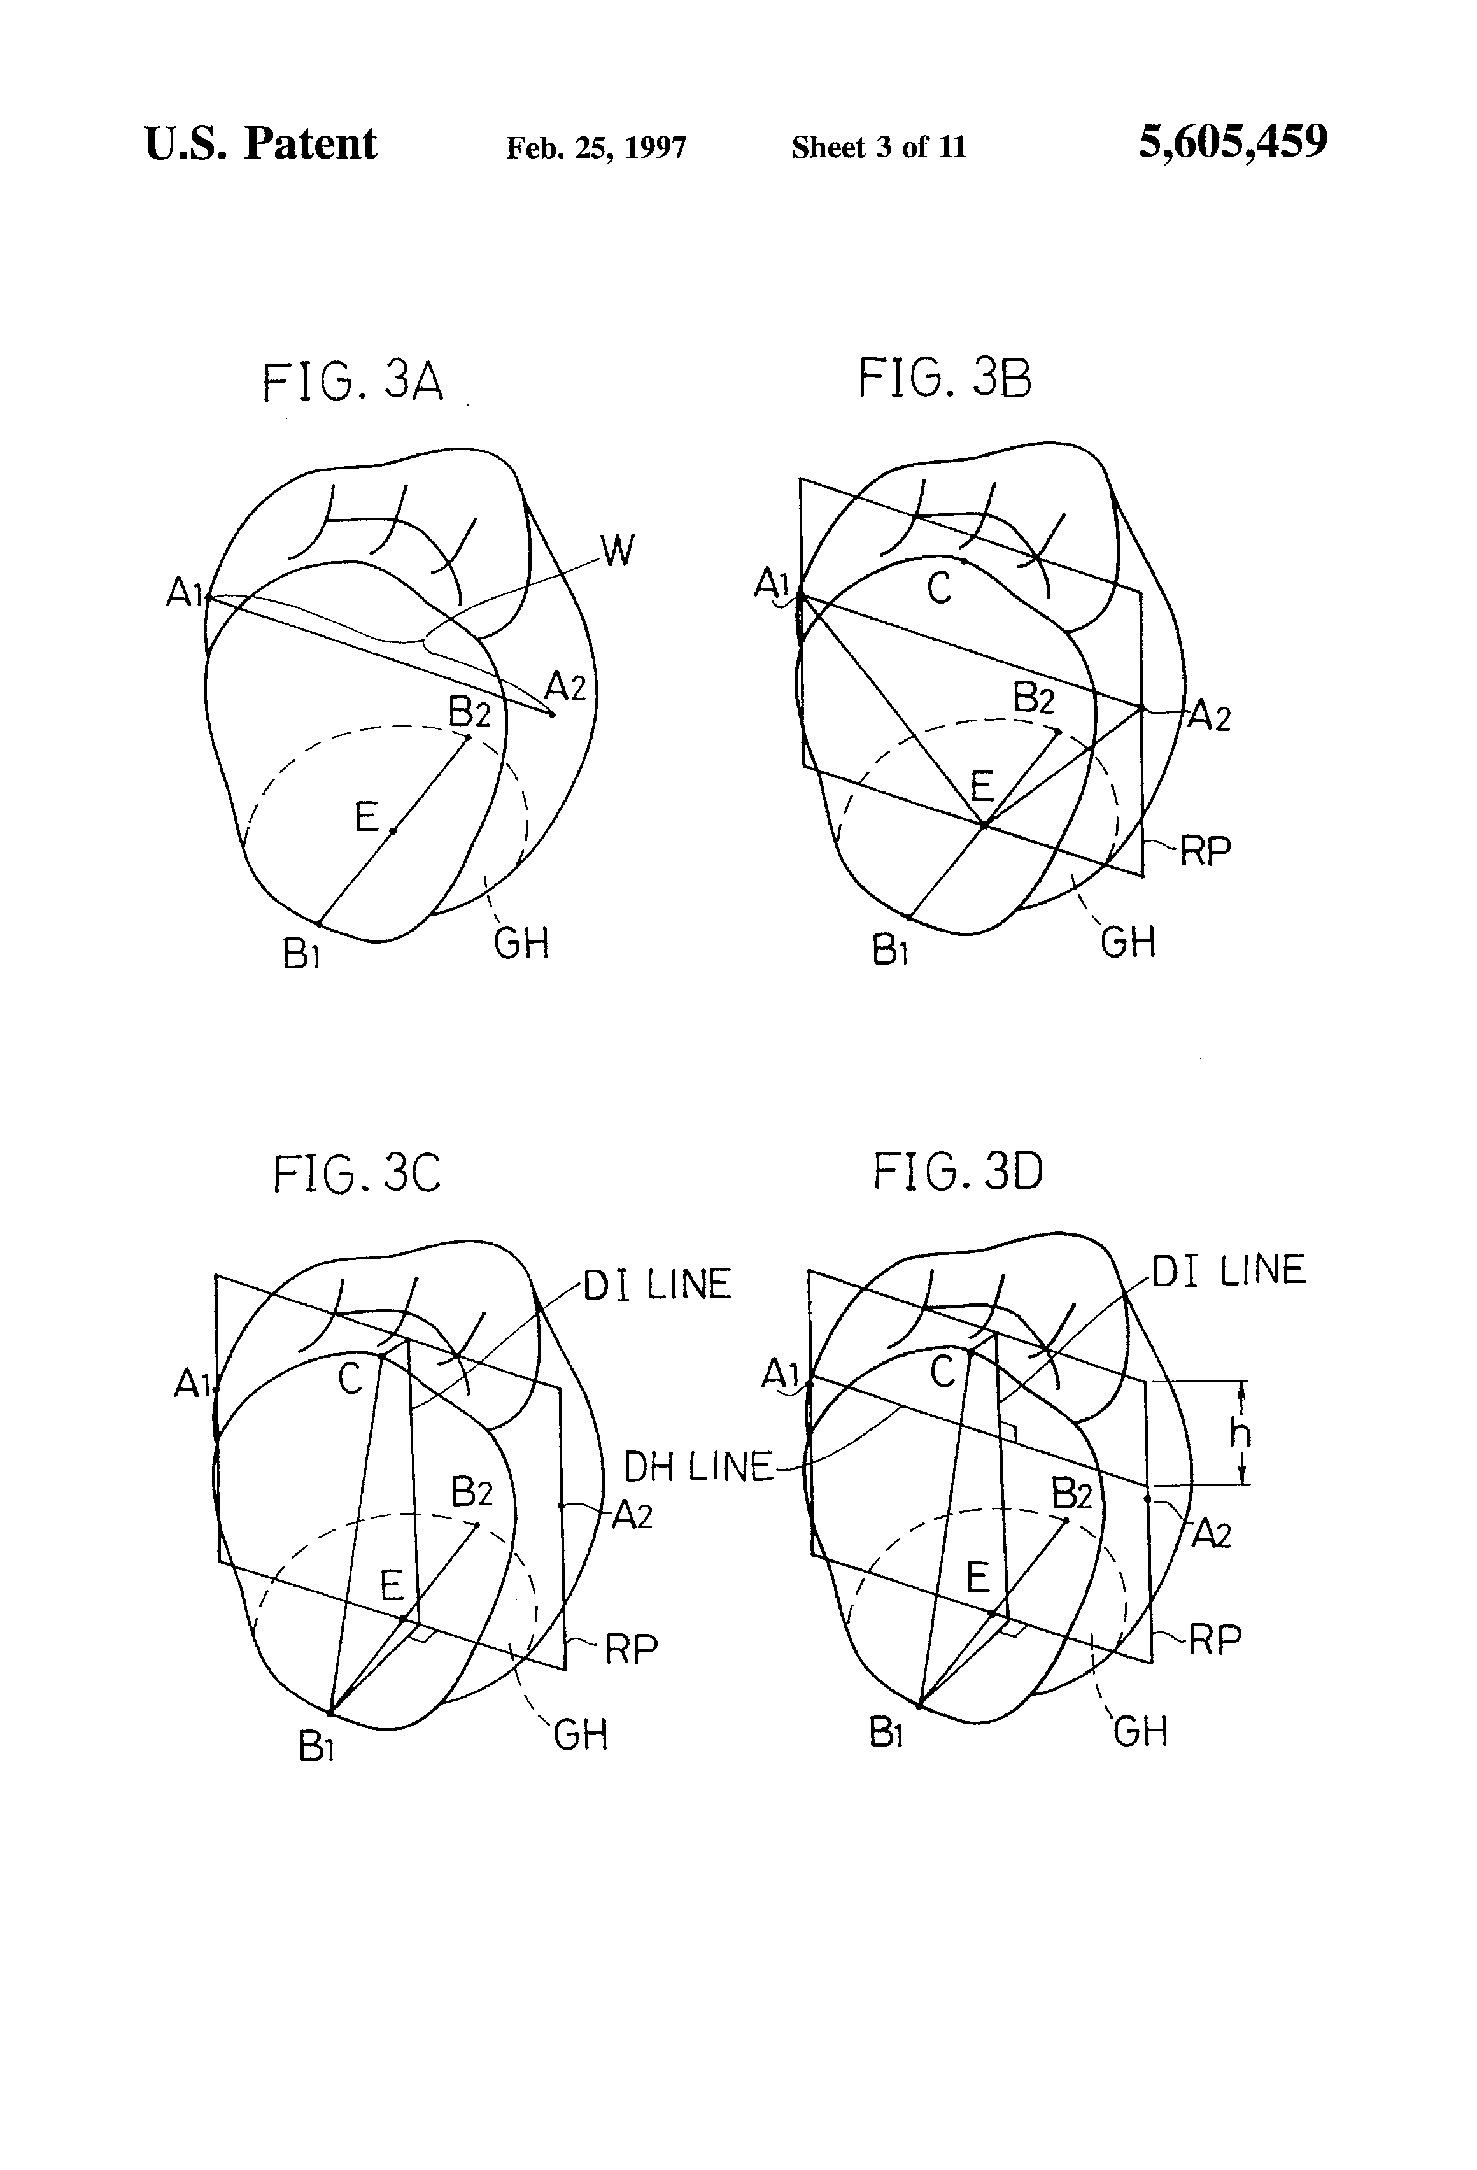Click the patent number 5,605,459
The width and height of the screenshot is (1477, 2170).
pos(1233,143)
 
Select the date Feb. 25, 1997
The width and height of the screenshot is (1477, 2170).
pos(596,148)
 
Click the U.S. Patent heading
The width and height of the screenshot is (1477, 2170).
pos(260,144)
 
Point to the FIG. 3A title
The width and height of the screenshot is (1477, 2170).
pos(352,383)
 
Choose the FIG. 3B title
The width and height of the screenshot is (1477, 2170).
pos(945,379)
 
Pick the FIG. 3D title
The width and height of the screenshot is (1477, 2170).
pos(958,1171)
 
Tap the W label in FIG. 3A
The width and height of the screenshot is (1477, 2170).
pos(617,551)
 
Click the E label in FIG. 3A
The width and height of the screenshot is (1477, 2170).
pos(366,818)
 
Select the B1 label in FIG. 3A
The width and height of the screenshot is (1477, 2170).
pos(302,954)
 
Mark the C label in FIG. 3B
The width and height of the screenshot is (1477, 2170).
pos(939,587)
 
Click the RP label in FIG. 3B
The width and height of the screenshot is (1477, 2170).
pos(1205,851)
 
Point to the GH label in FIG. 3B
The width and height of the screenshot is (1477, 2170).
pos(1128,942)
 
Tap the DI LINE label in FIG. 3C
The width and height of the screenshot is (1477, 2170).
pos(657,1285)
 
